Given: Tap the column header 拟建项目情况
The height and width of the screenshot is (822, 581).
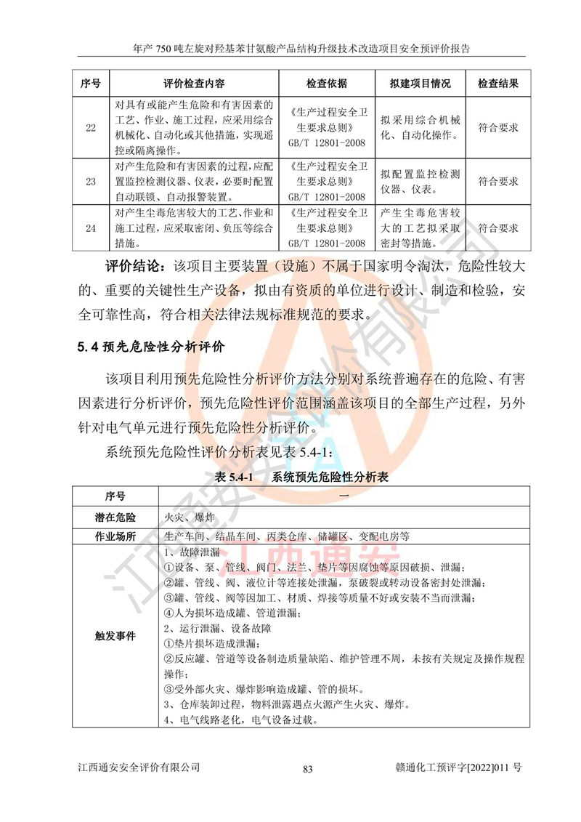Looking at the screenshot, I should (x=420, y=84).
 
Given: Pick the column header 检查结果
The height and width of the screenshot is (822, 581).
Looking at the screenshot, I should (x=498, y=84).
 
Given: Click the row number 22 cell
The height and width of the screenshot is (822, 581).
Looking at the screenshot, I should (x=91, y=128).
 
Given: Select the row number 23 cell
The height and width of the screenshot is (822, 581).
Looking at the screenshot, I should (x=91, y=181).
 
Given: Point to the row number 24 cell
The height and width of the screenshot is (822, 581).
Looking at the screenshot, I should (x=91, y=228).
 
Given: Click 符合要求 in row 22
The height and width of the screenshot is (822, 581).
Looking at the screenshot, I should (x=498, y=128).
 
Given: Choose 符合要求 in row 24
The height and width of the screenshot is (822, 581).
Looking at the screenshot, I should (x=498, y=228).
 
